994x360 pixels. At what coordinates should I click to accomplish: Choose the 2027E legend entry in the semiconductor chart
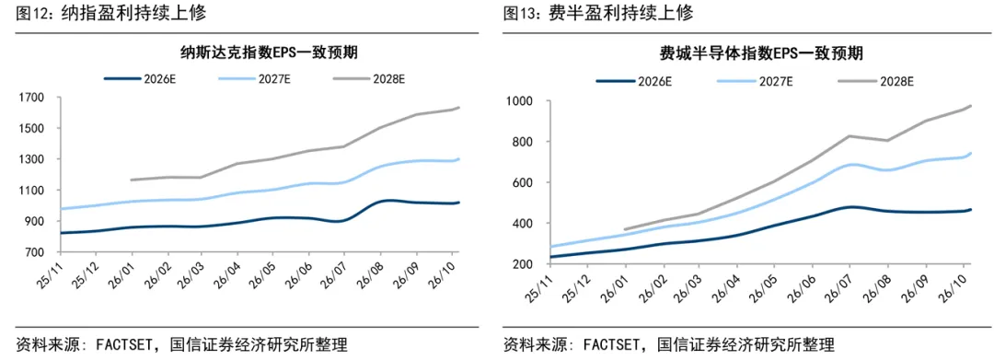754,80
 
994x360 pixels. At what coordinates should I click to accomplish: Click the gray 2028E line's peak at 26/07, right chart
849,135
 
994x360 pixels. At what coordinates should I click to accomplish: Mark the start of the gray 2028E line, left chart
131,180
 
